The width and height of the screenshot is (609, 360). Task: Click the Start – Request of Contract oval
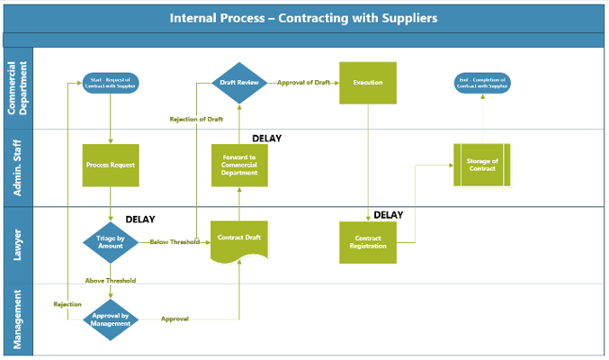click(x=110, y=83)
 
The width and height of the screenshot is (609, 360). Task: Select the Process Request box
click(x=111, y=166)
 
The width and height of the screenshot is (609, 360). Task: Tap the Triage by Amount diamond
click(x=110, y=241)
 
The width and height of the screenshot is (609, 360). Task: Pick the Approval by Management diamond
click(x=111, y=319)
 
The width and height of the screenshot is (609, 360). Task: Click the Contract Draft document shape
click(x=239, y=239)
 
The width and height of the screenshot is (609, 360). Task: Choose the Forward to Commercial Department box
click(x=239, y=166)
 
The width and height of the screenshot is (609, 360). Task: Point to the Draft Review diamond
click(x=239, y=83)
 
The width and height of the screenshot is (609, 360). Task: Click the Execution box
click(x=368, y=83)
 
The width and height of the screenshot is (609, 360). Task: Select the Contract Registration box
click(x=368, y=242)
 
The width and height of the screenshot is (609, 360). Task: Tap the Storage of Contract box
click(x=482, y=166)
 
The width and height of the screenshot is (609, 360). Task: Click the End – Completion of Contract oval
click(x=482, y=83)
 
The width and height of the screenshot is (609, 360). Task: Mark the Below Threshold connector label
click(x=174, y=242)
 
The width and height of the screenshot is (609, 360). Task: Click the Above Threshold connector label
click(x=111, y=281)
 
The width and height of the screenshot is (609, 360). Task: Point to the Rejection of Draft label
click(x=196, y=120)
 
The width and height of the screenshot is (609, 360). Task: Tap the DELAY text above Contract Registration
click(x=388, y=215)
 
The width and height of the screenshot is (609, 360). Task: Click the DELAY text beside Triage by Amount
click(x=140, y=220)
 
